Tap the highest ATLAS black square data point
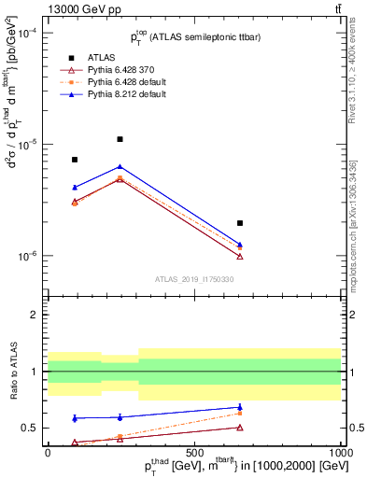tap(120, 139)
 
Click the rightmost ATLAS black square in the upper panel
tap(240, 223)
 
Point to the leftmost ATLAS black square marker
tap(75, 160)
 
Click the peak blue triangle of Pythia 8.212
tap(120, 167)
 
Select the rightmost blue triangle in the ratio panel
tap(240, 407)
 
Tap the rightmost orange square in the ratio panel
tap(240, 413)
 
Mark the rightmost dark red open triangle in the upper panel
tap(240, 257)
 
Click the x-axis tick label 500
tap(193, 452)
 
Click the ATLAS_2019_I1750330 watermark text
tap(193, 279)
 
